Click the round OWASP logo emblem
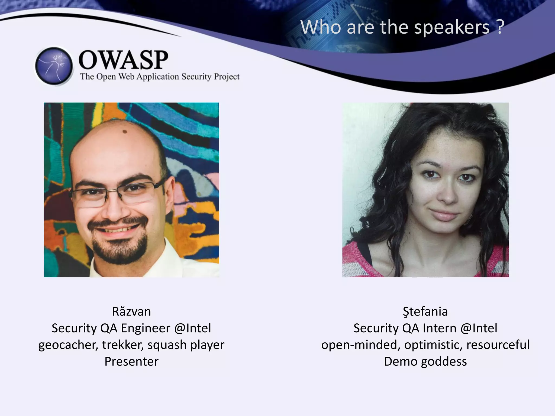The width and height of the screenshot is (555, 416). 54,66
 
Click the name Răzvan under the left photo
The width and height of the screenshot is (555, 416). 131,311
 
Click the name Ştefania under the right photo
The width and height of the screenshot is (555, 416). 425,311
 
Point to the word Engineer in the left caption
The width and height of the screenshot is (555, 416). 146,328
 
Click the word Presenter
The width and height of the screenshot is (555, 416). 131,362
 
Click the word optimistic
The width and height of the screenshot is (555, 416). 433,345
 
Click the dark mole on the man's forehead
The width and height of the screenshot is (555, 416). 125,132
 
